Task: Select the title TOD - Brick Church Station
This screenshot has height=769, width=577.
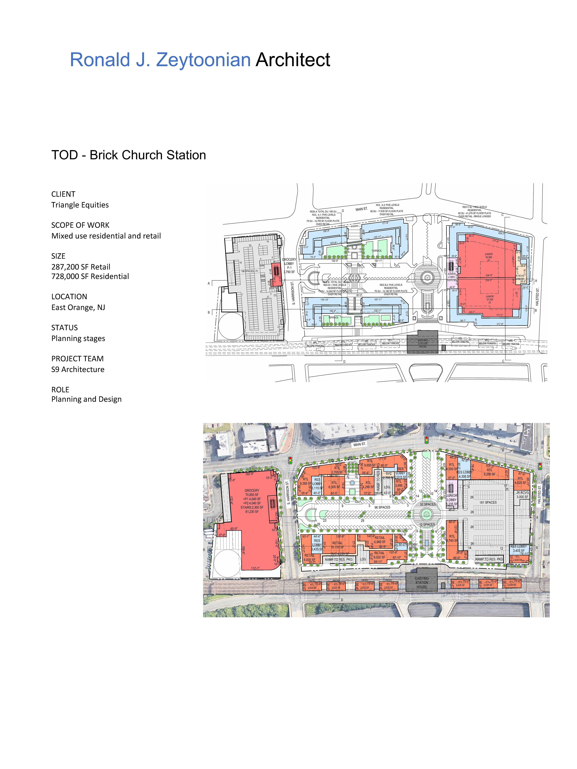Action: pos(129,155)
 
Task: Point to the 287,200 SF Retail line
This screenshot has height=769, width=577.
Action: pos(81,267)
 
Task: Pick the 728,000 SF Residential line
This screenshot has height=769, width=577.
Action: pos(90,276)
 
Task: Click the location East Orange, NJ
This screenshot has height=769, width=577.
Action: pos(78,307)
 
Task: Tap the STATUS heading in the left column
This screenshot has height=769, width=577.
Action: pos(64,327)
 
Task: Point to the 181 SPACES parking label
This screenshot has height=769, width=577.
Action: pos(488,502)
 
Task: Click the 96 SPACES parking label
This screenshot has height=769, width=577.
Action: pos(382,507)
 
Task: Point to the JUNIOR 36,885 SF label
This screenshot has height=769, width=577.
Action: pos(489,257)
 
